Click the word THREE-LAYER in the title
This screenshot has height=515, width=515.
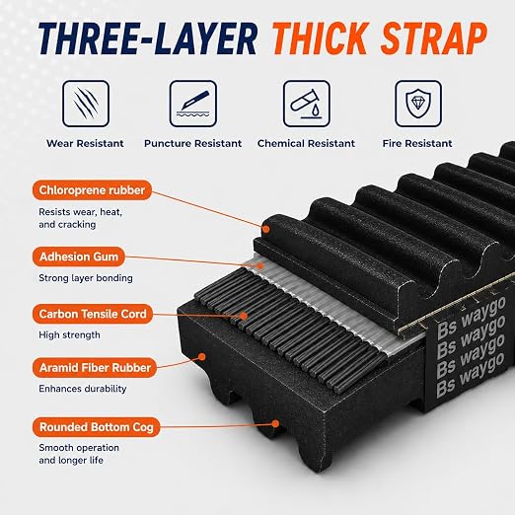pyautogui.click(x=148, y=38)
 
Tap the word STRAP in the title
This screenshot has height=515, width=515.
pyautogui.click(x=434, y=38)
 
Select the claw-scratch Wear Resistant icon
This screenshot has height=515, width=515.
pyautogui.click(x=86, y=104)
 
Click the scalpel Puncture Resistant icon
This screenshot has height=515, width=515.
pyautogui.click(x=193, y=104)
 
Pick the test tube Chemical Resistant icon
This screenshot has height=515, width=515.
pyautogui.click(x=307, y=104)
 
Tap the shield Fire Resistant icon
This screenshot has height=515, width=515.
pyautogui.click(x=418, y=104)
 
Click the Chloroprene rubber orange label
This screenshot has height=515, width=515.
pyautogui.click(x=92, y=190)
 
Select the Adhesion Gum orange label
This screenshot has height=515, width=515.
pyautogui.click(x=79, y=257)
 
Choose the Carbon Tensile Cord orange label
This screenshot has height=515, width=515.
pyautogui.click(x=93, y=314)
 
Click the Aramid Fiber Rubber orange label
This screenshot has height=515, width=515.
pyautogui.click(x=95, y=368)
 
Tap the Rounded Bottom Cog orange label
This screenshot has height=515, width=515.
pyautogui.click(x=97, y=427)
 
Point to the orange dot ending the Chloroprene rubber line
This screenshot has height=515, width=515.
pyautogui.click(x=266, y=229)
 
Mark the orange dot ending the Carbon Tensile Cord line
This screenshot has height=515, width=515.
pyautogui.click(x=244, y=316)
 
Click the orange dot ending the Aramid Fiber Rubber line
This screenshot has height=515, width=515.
pyautogui.click(x=202, y=356)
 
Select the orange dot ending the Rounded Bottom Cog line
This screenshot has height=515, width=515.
pyautogui.click(x=275, y=423)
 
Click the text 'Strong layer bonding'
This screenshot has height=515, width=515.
pyautogui.click(x=86, y=278)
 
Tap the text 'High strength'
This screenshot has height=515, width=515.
pyautogui.click(x=69, y=334)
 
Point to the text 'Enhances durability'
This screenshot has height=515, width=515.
pyautogui.click(x=83, y=389)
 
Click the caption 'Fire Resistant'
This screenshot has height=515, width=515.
pyautogui.click(x=417, y=143)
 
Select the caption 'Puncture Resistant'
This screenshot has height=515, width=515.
pyautogui.click(x=193, y=143)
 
